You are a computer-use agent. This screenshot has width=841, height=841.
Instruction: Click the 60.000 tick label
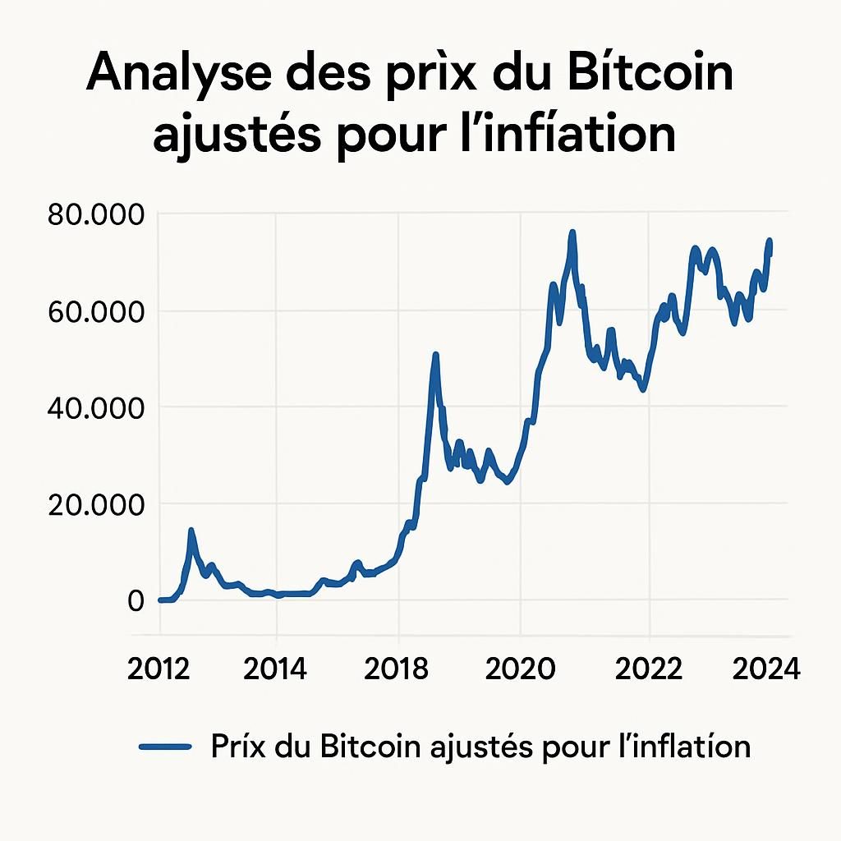95,311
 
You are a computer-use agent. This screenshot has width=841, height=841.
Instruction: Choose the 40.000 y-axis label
95,407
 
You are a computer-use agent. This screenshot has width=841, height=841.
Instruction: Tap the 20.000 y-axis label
95,503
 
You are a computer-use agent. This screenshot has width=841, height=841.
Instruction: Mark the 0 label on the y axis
135,600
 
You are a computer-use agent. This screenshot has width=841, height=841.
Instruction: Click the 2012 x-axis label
159,669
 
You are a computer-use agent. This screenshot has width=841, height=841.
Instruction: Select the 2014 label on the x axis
276,669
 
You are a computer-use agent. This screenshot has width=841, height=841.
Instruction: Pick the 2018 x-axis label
398,669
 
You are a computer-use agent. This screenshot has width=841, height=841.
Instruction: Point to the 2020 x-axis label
521,669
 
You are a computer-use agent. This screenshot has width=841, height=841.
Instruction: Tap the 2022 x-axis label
649,669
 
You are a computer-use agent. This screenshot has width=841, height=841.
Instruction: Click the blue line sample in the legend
165,747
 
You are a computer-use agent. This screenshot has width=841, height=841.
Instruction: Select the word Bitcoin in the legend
369,746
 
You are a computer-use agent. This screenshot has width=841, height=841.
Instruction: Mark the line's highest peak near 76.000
572,232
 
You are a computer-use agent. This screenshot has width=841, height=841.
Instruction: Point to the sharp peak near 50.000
435,355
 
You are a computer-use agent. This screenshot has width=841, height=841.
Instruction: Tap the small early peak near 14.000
191,531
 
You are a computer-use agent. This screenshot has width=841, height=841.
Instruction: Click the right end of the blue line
770,255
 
